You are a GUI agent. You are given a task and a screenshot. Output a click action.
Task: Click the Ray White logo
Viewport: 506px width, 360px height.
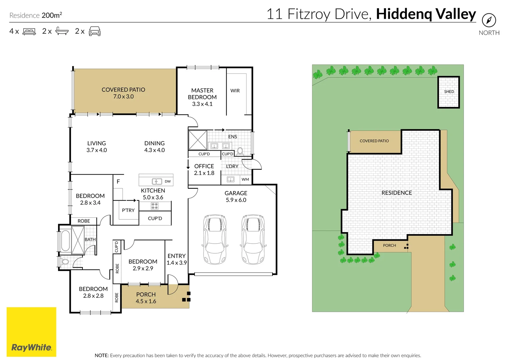31,332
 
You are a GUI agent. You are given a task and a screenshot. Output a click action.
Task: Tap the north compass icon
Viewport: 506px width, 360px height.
489,21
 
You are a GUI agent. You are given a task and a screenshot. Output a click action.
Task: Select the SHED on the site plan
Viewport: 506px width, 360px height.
449,92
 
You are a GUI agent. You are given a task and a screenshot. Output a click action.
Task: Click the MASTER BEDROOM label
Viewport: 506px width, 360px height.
202,97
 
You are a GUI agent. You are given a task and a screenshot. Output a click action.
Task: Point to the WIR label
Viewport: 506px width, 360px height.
235,91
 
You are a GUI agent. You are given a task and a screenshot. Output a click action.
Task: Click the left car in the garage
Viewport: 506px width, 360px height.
215,239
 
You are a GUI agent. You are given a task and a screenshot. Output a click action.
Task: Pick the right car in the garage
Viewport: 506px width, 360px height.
253,239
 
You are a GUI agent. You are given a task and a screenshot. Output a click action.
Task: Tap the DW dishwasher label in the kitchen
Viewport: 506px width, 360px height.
167,181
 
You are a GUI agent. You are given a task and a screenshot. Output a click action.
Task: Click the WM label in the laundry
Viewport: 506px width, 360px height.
245,179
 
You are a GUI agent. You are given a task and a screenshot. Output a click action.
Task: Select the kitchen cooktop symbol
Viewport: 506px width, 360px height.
155,206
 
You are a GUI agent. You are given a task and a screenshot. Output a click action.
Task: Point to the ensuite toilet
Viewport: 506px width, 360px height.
240,151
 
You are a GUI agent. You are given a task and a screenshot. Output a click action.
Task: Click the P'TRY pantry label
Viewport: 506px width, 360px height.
128,210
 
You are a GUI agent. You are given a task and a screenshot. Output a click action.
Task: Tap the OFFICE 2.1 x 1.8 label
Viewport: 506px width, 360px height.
204,169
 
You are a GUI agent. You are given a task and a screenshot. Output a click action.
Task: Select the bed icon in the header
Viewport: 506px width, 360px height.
29,32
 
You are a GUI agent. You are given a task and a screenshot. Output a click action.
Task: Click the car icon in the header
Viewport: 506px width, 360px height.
95,31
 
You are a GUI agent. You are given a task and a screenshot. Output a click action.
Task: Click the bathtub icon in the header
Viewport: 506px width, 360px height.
62,31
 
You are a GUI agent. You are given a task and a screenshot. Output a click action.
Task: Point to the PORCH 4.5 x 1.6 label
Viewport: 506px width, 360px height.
146,298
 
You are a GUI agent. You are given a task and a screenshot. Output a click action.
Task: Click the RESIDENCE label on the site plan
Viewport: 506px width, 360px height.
397,193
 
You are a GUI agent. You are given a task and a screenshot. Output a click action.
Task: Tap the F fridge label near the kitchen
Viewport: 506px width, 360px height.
118,182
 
